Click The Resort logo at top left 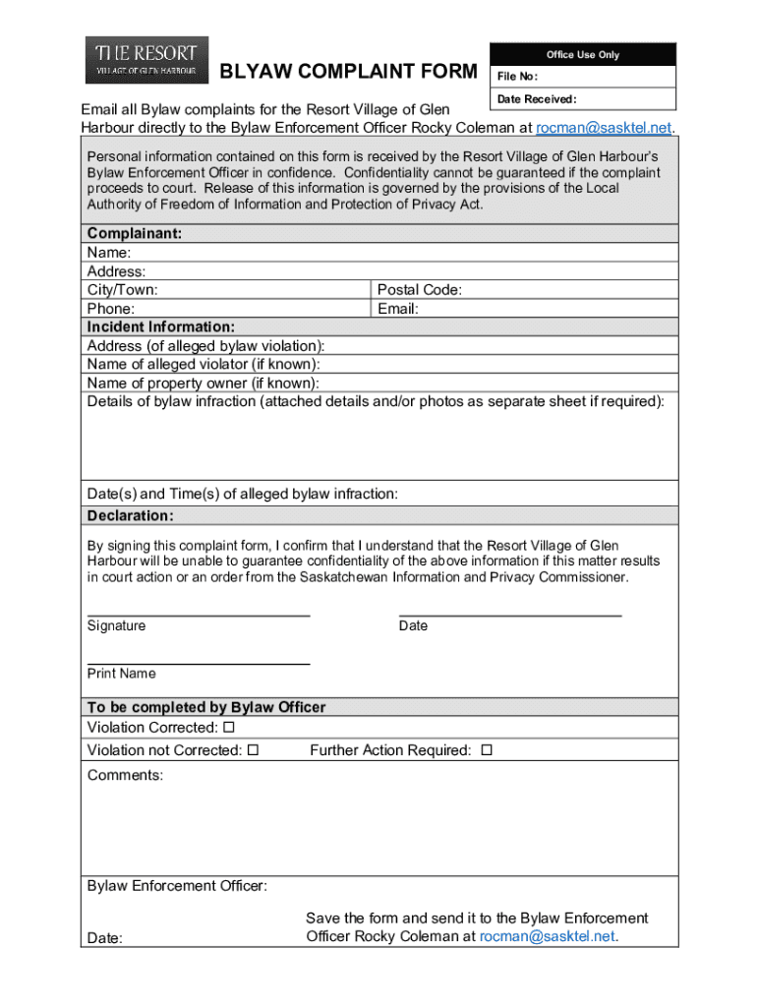146,60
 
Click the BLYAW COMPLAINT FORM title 348,72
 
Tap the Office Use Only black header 582,55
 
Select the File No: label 517,77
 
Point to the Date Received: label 536,99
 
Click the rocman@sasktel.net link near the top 604,128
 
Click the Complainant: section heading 135,234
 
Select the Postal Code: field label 420,290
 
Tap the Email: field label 398,309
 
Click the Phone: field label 111,309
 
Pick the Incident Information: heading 161,326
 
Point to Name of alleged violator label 204,364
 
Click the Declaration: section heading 130,516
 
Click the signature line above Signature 199,614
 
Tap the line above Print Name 199,663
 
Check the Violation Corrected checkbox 229,728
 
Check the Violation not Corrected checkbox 253,750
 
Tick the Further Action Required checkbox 486,750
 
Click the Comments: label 125,776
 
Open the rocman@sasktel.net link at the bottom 548,936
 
